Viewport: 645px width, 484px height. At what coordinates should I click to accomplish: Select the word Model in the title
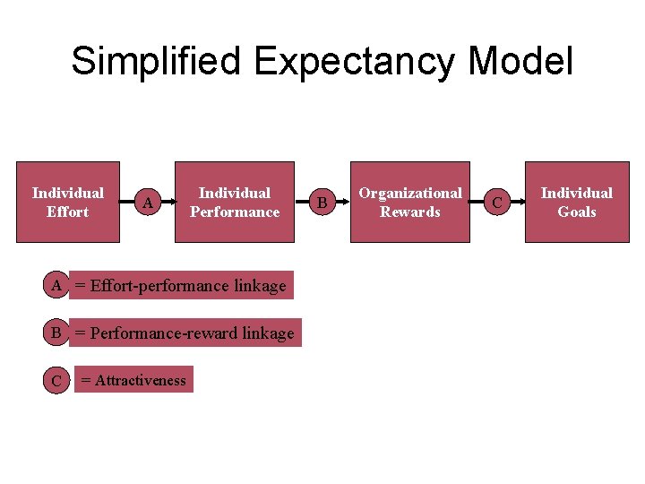click(x=520, y=61)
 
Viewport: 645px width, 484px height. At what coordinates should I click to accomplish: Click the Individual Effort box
click(x=68, y=203)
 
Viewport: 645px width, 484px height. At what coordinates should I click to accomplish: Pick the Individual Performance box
click(x=235, y=203)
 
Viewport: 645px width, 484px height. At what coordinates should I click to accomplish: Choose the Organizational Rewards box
click(x=410, y=203)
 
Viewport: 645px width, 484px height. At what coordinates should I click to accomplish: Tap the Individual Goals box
click(x=576, y=203)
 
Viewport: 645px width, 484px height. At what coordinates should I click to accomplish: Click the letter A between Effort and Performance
click(x=148, y=203)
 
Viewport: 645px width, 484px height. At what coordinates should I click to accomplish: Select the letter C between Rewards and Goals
click(x=497, y=203)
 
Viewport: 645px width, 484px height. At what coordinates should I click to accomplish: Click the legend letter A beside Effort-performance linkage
click(x=56, y=286)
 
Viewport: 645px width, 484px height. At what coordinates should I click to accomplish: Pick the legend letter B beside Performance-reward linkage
click(x=56, y=333)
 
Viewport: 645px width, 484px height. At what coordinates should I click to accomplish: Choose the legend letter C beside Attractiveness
click(x=56, y=381)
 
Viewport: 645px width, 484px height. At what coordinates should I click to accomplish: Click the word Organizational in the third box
click(x=410, y=193)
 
